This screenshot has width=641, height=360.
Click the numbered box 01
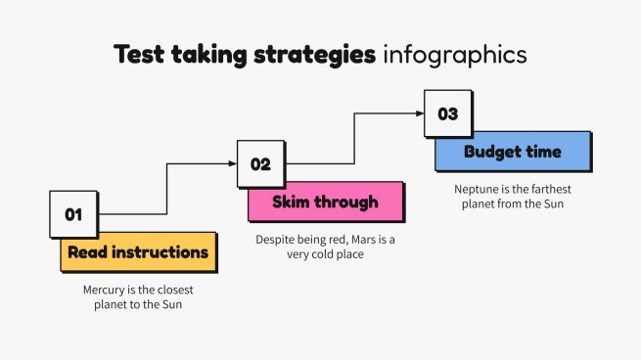[74, 214]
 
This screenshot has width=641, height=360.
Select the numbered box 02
[261, 163]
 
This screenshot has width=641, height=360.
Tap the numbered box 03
[447, 113]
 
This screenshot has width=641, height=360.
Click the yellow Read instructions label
[138, 252]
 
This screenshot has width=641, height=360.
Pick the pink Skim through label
[326, 202]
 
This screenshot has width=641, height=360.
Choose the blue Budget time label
[513, 153]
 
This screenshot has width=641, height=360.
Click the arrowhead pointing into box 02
[232, 164]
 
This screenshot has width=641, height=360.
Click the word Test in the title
[138, 54]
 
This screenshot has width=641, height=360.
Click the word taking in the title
[207, 54]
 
